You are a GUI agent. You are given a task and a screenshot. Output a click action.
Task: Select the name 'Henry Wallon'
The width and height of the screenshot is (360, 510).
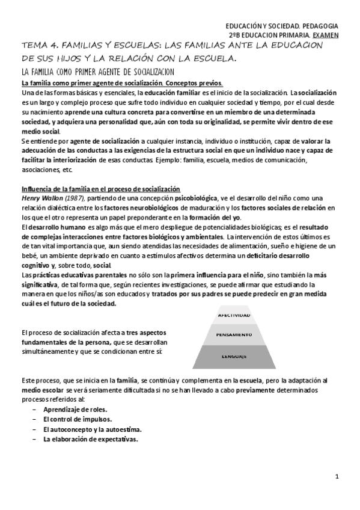(x=42, y=198)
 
